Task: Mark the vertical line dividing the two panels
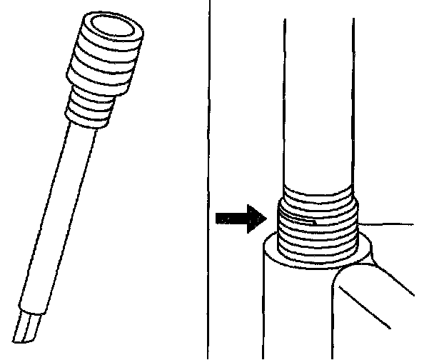(210, 179)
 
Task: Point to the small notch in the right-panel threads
(314, 220)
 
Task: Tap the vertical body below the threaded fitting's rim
(293, 314)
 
